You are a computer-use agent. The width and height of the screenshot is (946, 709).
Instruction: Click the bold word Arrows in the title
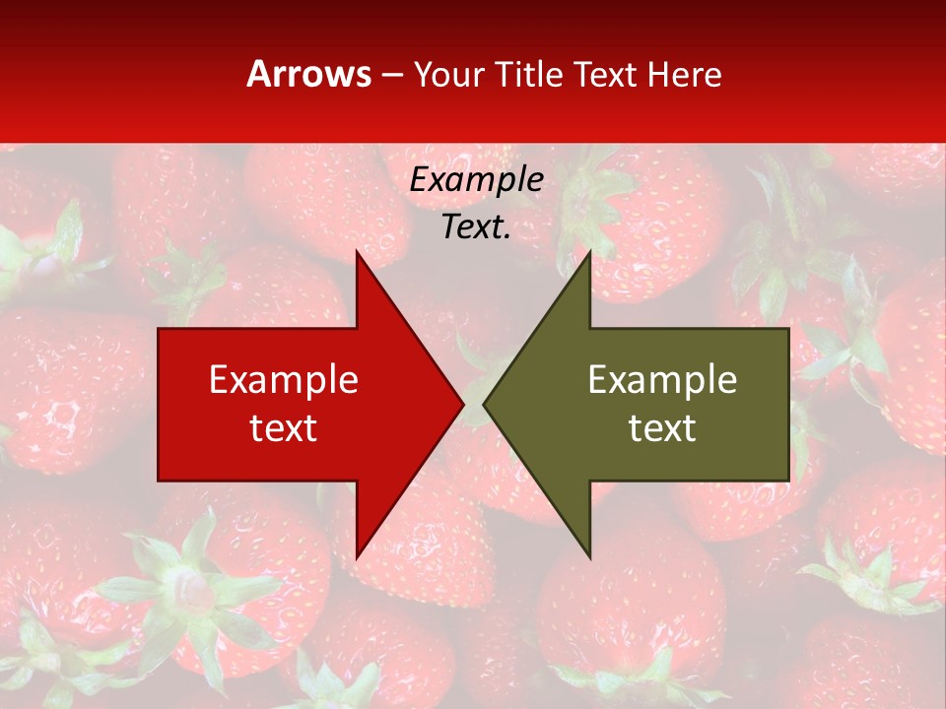point(309,74)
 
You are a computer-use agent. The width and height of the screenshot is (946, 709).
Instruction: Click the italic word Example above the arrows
point(476,180)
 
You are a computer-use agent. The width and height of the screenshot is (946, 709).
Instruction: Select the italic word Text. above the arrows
point(476,226)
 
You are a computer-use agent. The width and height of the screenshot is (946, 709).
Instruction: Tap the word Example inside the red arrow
point(284,380)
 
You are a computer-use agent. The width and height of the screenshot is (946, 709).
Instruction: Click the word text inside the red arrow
point(284,427)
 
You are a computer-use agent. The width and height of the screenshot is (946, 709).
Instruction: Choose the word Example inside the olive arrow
point(662,380)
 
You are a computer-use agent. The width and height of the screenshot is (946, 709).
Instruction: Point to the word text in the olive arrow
point(662,427)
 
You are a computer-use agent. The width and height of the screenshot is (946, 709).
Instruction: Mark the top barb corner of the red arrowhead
point(357,252)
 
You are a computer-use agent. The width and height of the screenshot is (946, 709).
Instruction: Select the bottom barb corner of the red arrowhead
point(357,557)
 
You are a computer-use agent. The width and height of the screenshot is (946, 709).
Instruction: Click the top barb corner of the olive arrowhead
point(589,252)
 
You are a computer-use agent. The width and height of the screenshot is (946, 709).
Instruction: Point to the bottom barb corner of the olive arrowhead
point(589,557)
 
